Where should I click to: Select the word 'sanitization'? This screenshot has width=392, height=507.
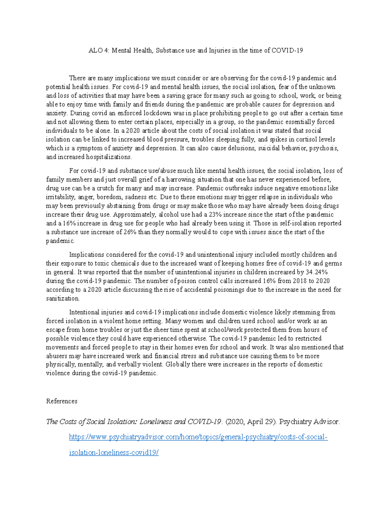[62, 298]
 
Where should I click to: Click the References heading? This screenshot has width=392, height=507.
[62, 401]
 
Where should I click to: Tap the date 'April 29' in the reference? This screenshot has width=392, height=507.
[260, 422]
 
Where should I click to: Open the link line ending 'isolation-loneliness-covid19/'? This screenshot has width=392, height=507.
[114, 453]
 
